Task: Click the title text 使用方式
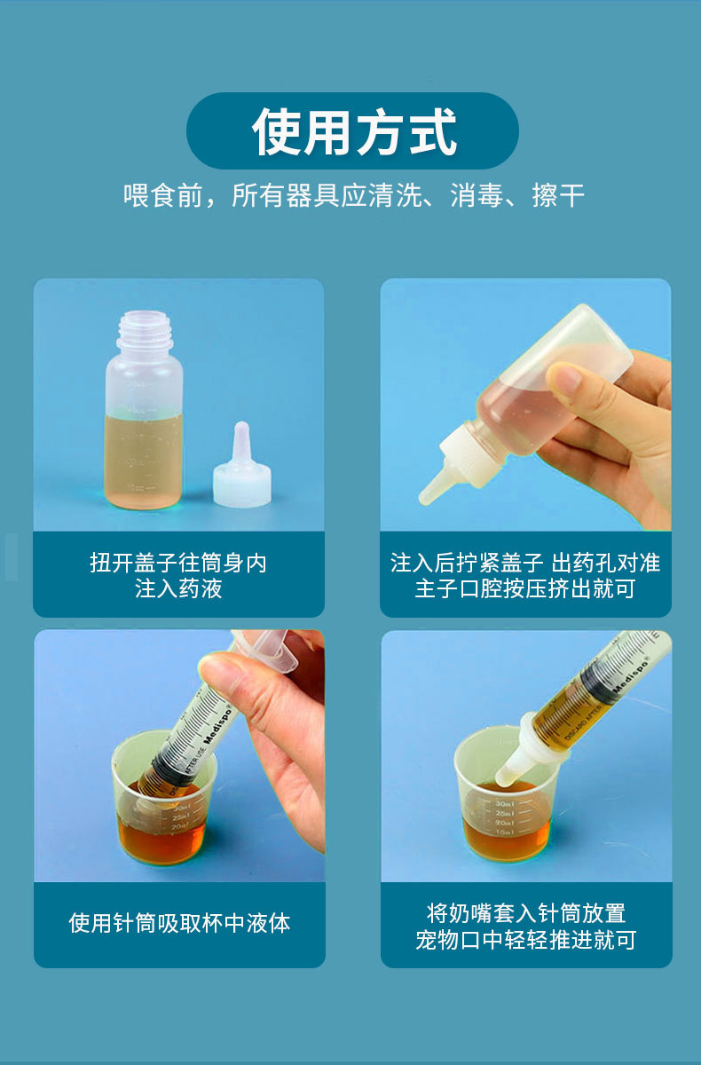[x=354, y=131]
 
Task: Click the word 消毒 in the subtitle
[x=477, y=195]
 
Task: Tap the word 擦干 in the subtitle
[x=558, y=195]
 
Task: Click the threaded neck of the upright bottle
[x=145, y=330]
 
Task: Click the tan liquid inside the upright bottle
[x=143, y=461]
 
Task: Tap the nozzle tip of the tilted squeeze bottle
[x=425, y=497]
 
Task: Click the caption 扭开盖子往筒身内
[x=178, y=563]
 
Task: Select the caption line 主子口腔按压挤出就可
[x=525, y=588]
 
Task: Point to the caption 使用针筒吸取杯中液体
[x=179, y=923]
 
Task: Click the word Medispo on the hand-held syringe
[x=217, y=726]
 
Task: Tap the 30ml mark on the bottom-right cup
[x=504, y=803]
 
